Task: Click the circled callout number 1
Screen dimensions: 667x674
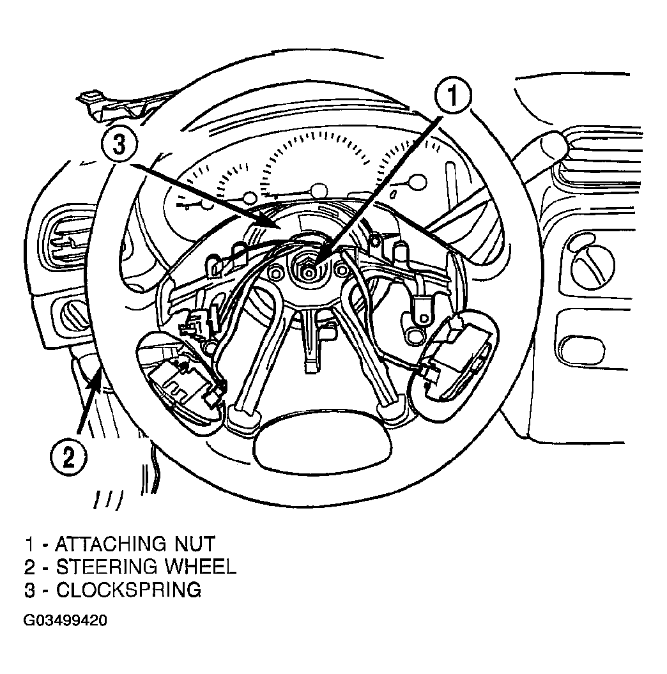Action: click(x=452, y=95)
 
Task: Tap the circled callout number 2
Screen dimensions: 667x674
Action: click(x=69, y=457)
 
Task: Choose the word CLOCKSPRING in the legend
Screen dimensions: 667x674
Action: click(x=128, y=590)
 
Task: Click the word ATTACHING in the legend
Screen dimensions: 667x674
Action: click(x=111, y=544)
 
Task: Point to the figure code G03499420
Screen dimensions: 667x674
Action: click(x=65, y=621)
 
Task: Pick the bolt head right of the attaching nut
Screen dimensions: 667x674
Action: click(x=342, y=270)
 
